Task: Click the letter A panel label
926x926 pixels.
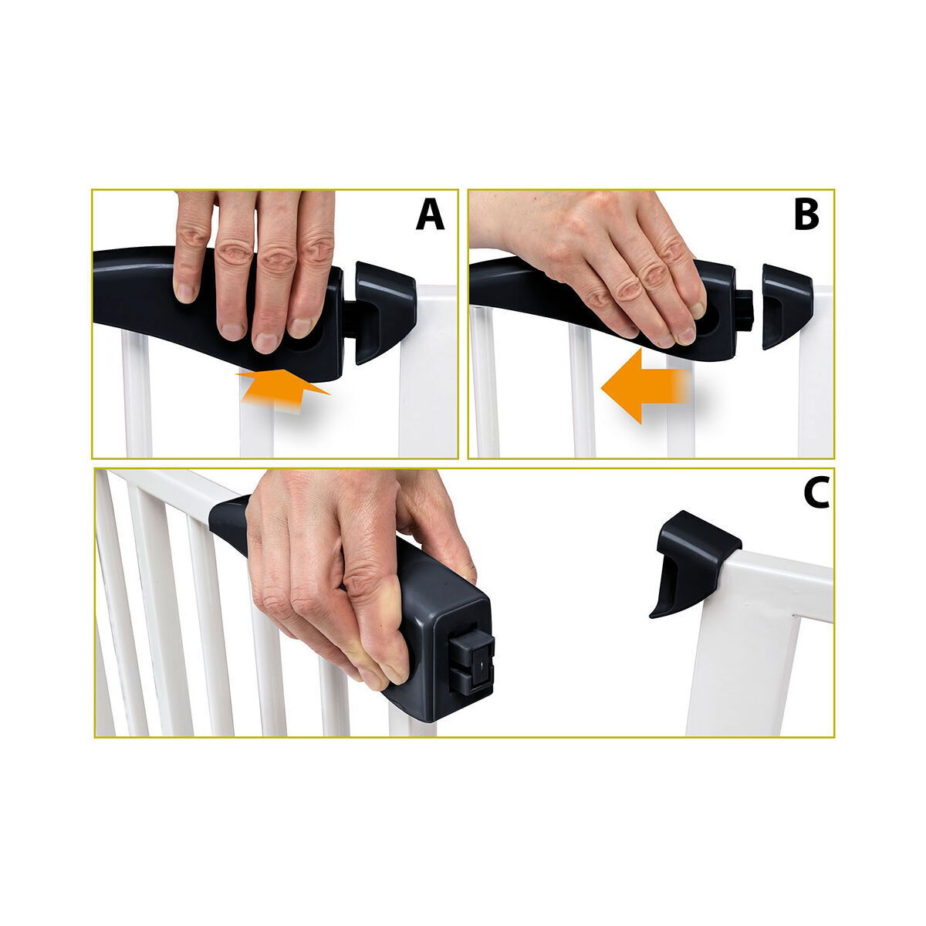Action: coord(430,215)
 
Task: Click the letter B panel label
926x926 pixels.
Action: coord(806,215)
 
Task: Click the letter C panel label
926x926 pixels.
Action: coord(815,494)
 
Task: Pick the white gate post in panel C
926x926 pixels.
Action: coord(741,664)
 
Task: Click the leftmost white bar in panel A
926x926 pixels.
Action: coord(137,401)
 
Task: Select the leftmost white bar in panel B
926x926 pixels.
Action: coord(486,386)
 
